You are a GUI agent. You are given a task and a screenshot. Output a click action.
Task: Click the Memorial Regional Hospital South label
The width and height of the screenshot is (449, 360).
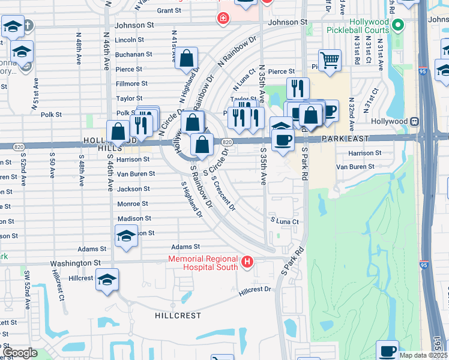tap(203, 263)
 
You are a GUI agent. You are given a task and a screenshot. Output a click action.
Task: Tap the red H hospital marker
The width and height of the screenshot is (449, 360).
tap(247, 262)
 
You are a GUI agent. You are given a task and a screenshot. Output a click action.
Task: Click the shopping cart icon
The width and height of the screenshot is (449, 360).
tap(330, 60)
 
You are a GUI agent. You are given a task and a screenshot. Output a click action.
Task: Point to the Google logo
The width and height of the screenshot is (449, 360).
tap(20, 353)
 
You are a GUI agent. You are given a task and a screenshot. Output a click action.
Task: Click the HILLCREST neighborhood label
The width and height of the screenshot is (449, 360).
tap(178, 315)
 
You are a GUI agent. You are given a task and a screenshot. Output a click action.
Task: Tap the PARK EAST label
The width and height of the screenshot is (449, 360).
tap(343, 138)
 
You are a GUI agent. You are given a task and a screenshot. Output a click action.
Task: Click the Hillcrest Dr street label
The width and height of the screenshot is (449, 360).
tap(255, 290)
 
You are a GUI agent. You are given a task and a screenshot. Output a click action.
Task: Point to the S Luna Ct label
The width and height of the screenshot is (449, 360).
tap(284, 221)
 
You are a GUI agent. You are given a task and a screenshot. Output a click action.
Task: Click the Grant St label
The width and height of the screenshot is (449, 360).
tap(169, 11)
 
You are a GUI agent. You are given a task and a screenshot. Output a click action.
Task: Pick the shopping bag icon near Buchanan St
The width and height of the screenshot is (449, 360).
tap(187, 58)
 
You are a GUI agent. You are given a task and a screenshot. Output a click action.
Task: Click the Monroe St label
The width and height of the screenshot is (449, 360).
tap(128, 204)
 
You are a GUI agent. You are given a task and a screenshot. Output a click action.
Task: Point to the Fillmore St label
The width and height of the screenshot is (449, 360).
tap(131, 84)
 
